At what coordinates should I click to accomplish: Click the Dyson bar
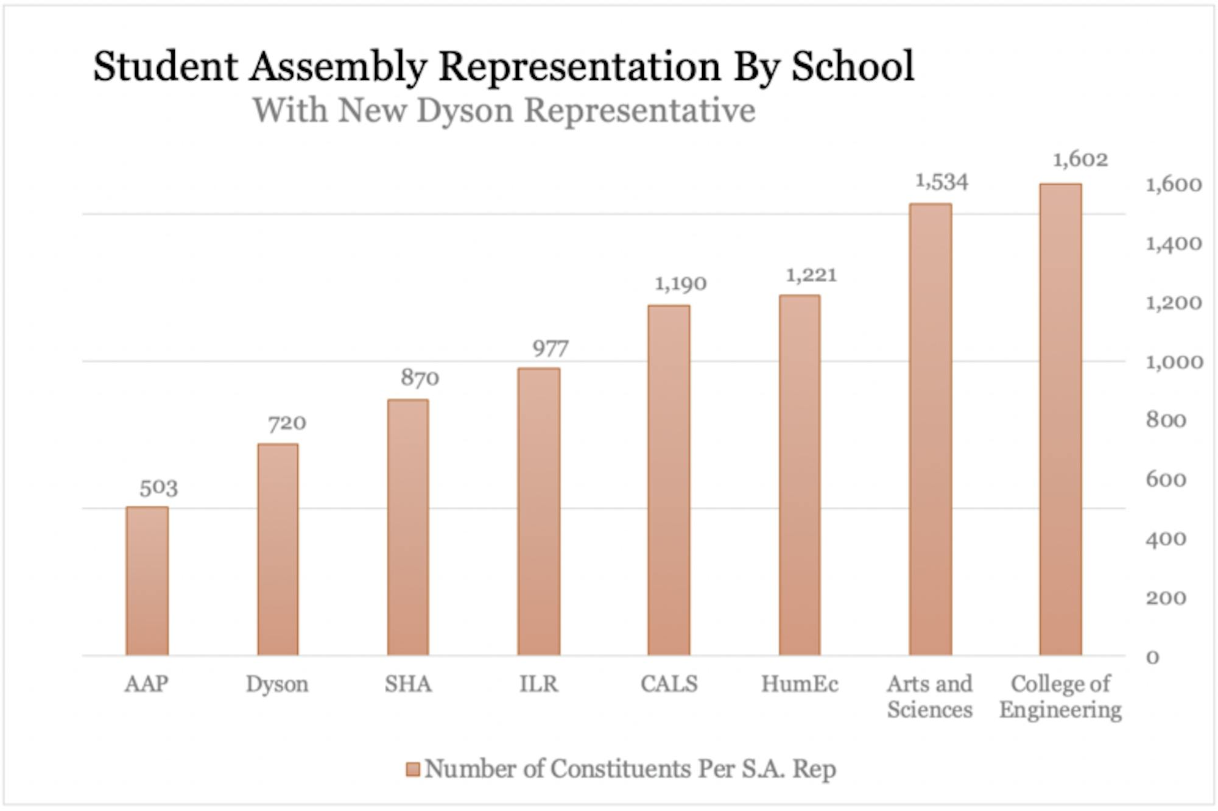coord(278,550)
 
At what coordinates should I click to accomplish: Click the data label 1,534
coord(942,182)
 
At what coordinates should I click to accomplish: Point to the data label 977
coord(551,349)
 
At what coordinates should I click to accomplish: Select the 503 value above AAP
coord(158,487)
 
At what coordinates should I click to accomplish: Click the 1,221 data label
coord(811,275)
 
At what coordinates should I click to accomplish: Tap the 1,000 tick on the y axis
coord(1174,362)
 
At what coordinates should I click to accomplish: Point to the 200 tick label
coord(1166,598)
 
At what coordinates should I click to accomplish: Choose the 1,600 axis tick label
coord(1174,184)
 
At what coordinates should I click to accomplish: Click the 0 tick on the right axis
coord(1152,657)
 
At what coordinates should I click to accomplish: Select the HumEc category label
coord(799,684)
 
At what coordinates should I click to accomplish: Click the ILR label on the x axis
coord(538,684)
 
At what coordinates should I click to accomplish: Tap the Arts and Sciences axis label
coord(929,696)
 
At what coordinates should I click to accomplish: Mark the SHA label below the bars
coord(408,684)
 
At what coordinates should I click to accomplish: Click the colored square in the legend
coord(413,769)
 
